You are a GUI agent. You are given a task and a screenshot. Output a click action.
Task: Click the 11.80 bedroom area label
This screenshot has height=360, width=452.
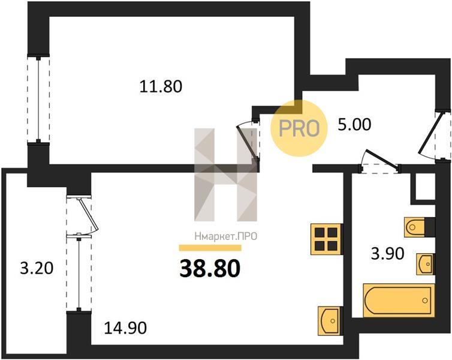point(161,86)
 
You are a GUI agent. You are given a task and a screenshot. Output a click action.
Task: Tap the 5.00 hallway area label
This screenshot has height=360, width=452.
point(354,125)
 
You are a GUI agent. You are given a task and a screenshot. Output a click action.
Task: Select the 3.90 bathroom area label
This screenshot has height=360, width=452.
point(387,254)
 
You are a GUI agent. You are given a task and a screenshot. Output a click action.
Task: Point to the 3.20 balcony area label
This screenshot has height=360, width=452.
point(37,268)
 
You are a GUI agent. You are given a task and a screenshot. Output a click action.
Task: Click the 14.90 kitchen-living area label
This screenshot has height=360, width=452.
point(125,328)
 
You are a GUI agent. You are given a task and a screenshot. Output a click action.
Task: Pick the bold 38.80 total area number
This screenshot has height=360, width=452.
point(210,268)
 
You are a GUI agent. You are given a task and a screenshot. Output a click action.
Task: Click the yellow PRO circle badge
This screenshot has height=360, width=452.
point(299,128)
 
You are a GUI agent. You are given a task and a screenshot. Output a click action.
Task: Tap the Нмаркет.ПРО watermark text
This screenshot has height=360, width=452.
point(226,237)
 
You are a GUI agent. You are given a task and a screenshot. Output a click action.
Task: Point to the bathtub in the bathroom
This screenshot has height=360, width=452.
point(399,300)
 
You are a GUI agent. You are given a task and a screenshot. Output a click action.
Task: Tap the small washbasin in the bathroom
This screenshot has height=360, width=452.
point(425,264)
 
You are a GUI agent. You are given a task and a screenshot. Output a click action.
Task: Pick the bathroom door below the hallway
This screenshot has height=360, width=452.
point(380,161)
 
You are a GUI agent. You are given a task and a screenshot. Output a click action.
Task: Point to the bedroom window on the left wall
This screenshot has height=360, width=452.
point(38,98)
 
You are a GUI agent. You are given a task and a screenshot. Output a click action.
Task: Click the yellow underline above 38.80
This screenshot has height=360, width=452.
point(210,248)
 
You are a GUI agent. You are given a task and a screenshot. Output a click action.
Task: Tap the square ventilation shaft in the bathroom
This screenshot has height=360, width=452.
point(425,187)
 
